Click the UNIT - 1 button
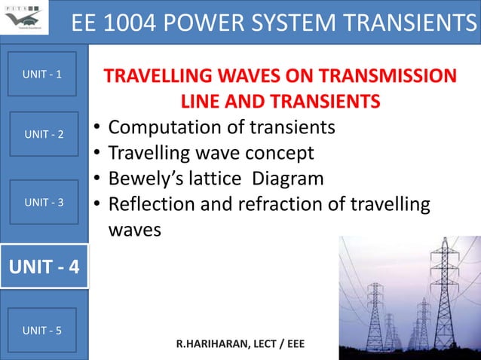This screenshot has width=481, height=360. (x=43, y=75)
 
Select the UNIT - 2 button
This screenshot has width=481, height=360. (x=44, y=134)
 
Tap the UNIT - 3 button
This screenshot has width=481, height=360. (x=44, y=202)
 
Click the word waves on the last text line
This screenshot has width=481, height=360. (x=135, y=230)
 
